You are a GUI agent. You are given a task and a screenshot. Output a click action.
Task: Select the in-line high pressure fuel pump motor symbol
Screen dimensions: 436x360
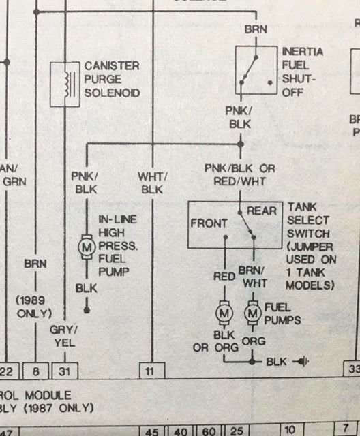(x=87, y=248)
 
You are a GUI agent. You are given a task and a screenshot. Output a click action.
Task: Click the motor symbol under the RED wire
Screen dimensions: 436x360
(x=224, y=313)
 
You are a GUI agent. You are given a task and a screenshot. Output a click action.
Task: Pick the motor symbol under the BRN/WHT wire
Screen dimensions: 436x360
(x=253, y=313)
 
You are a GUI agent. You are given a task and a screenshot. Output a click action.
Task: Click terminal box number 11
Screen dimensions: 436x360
(x=151, y=371)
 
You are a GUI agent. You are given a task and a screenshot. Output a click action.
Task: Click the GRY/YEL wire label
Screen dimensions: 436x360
(x=64, y=337)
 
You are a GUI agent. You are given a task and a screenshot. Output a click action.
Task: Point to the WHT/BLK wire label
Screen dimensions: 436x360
(x=153, y=183)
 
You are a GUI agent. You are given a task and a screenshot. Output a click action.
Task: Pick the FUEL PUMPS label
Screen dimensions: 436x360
(x=282, y=313)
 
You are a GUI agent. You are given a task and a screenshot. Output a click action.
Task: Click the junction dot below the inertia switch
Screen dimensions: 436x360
(x=241, y=144)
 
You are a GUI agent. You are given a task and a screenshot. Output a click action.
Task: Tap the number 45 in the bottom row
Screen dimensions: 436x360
(x=151, y=431)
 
